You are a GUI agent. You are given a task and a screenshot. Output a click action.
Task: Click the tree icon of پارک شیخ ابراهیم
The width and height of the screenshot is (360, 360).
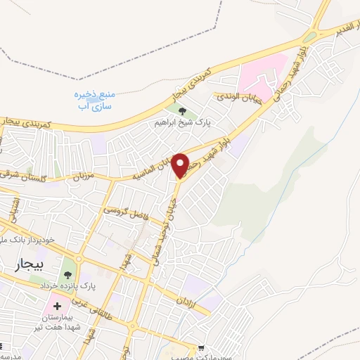click(183, 111)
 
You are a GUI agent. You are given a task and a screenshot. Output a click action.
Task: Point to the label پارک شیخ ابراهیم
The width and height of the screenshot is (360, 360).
click(184, 122)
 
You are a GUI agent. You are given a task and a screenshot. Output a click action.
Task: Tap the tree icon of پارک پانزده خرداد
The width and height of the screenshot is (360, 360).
click(68, 274)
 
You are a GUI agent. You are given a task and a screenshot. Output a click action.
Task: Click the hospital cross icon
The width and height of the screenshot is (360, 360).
click(56, 307)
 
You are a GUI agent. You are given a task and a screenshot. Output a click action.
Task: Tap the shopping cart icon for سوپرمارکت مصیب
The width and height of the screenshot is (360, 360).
click(202, 347)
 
